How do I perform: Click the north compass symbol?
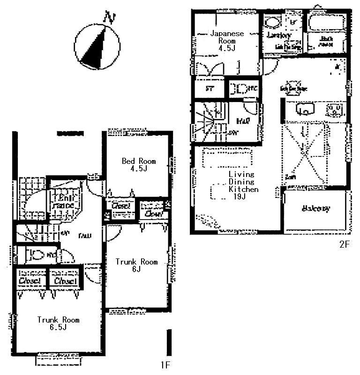point(97,46)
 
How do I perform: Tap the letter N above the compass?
point(110,19)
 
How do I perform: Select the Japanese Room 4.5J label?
point(226,40)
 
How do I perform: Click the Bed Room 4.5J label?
point(139,165)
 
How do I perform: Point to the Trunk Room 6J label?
point(136,265)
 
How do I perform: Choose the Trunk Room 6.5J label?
point(58,324)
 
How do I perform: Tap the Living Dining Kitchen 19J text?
point(243,185)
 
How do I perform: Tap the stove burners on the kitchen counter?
point(334,110)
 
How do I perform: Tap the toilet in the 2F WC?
point(240,88)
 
